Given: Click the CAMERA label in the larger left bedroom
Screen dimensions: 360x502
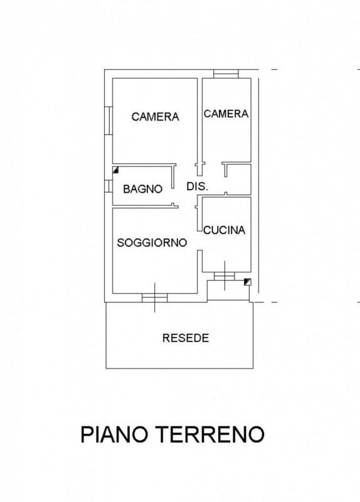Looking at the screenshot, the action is click(x=155, y=117).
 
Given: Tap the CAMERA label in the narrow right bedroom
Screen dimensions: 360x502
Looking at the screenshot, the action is click(x=226, y=114).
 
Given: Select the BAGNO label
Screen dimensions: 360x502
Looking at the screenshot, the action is click(x=143, y=189).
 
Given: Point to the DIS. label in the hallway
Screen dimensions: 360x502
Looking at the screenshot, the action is click(x=198, y=186).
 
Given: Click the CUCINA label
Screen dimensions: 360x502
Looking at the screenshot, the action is click(x=225, y=230).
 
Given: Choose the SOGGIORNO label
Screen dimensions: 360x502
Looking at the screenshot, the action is click(x=152, y=243).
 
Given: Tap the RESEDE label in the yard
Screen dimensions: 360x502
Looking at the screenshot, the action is click(x=186, y=338).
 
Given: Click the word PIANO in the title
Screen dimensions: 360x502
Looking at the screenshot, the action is click(x=114, y=434).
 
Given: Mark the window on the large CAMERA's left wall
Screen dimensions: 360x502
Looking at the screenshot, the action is click(x=109, y=120).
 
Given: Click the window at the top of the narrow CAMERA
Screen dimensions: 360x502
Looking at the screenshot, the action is click(x=226, y=73).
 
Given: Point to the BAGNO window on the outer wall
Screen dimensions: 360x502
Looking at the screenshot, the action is click(x=109, y=186).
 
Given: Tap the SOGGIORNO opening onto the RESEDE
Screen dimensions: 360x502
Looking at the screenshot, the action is click(x=155, y=297).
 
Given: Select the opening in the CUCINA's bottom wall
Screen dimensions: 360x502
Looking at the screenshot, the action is click(x=225, y=276).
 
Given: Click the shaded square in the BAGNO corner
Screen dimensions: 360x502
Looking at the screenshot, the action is click(x=116, y=169).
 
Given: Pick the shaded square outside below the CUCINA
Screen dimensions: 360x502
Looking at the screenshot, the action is click(x=247, y=282).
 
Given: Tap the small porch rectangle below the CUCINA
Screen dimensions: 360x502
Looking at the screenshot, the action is click(x=228, y=291).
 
